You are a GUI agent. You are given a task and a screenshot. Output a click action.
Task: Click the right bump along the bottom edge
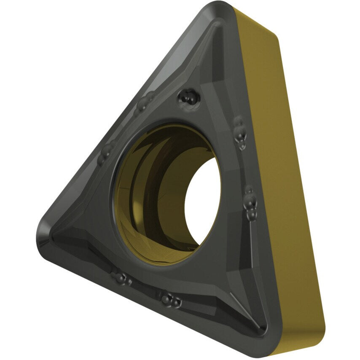(x=171, y=299)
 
